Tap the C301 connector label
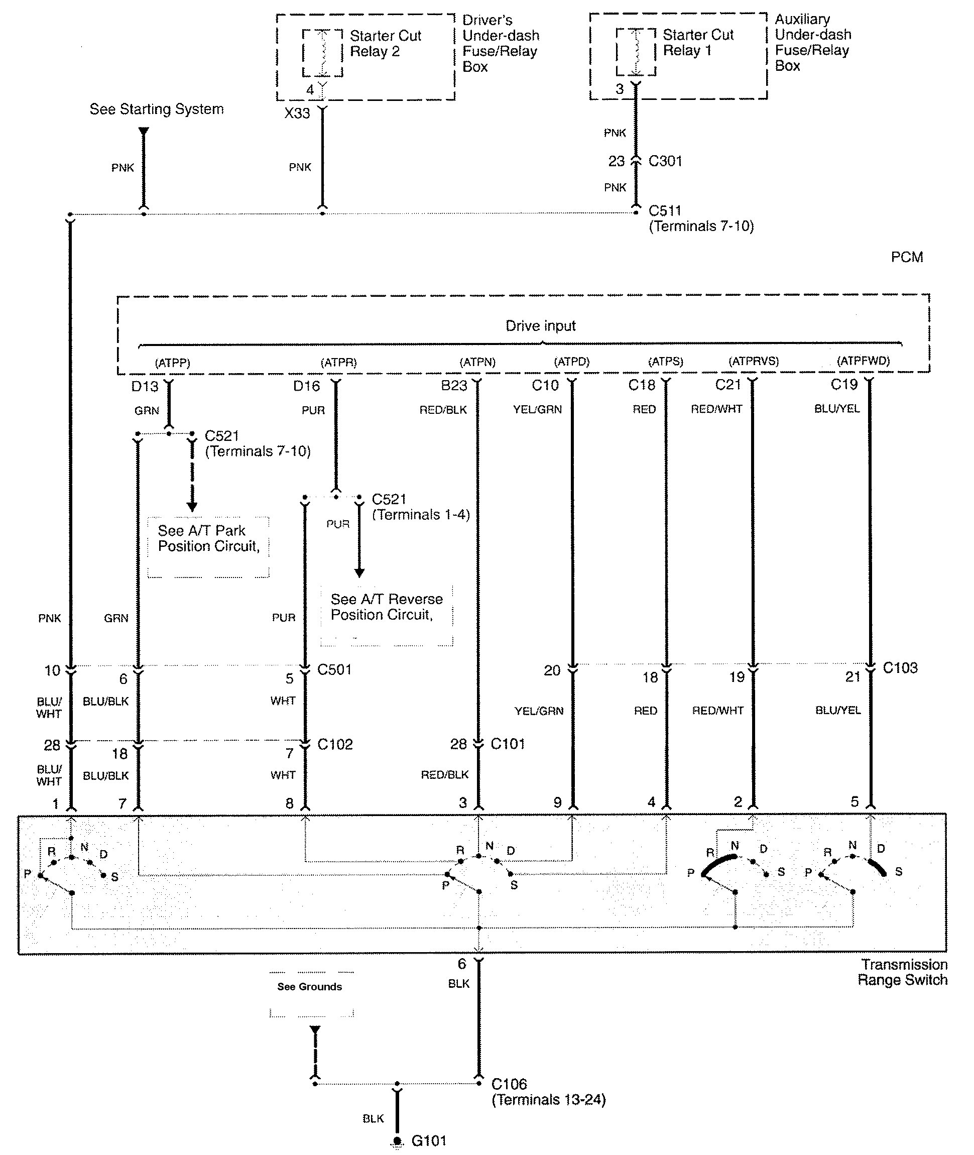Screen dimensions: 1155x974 click(x=665, y=161)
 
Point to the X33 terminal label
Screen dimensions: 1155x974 click(x=297, y=113)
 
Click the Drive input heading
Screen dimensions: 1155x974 click(x=541, y=326)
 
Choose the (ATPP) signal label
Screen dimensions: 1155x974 click(x=172, y=363)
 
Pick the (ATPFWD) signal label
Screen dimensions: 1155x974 click(x=863, y=361)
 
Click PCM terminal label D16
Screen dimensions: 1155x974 click(x=306, y=386)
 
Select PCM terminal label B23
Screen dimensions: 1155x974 click(x=454, y=386)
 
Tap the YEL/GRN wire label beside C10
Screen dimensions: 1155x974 click(x=537, y=409)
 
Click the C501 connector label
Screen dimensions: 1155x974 click(x=334, y=669)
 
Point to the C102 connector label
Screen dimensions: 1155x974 click(x=334, y=744)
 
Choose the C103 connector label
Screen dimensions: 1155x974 click(x=900, y=668)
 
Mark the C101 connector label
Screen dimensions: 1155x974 click(x=508, y=744)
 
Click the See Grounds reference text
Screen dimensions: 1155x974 click(x=309, y=987)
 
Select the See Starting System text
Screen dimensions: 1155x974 click(x=157, y=109)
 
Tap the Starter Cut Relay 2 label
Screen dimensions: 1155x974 click(x=385, y=44)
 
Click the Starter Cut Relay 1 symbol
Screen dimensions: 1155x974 click(x=636, y=52)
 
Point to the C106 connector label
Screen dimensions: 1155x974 click(x=509, y=1084)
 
